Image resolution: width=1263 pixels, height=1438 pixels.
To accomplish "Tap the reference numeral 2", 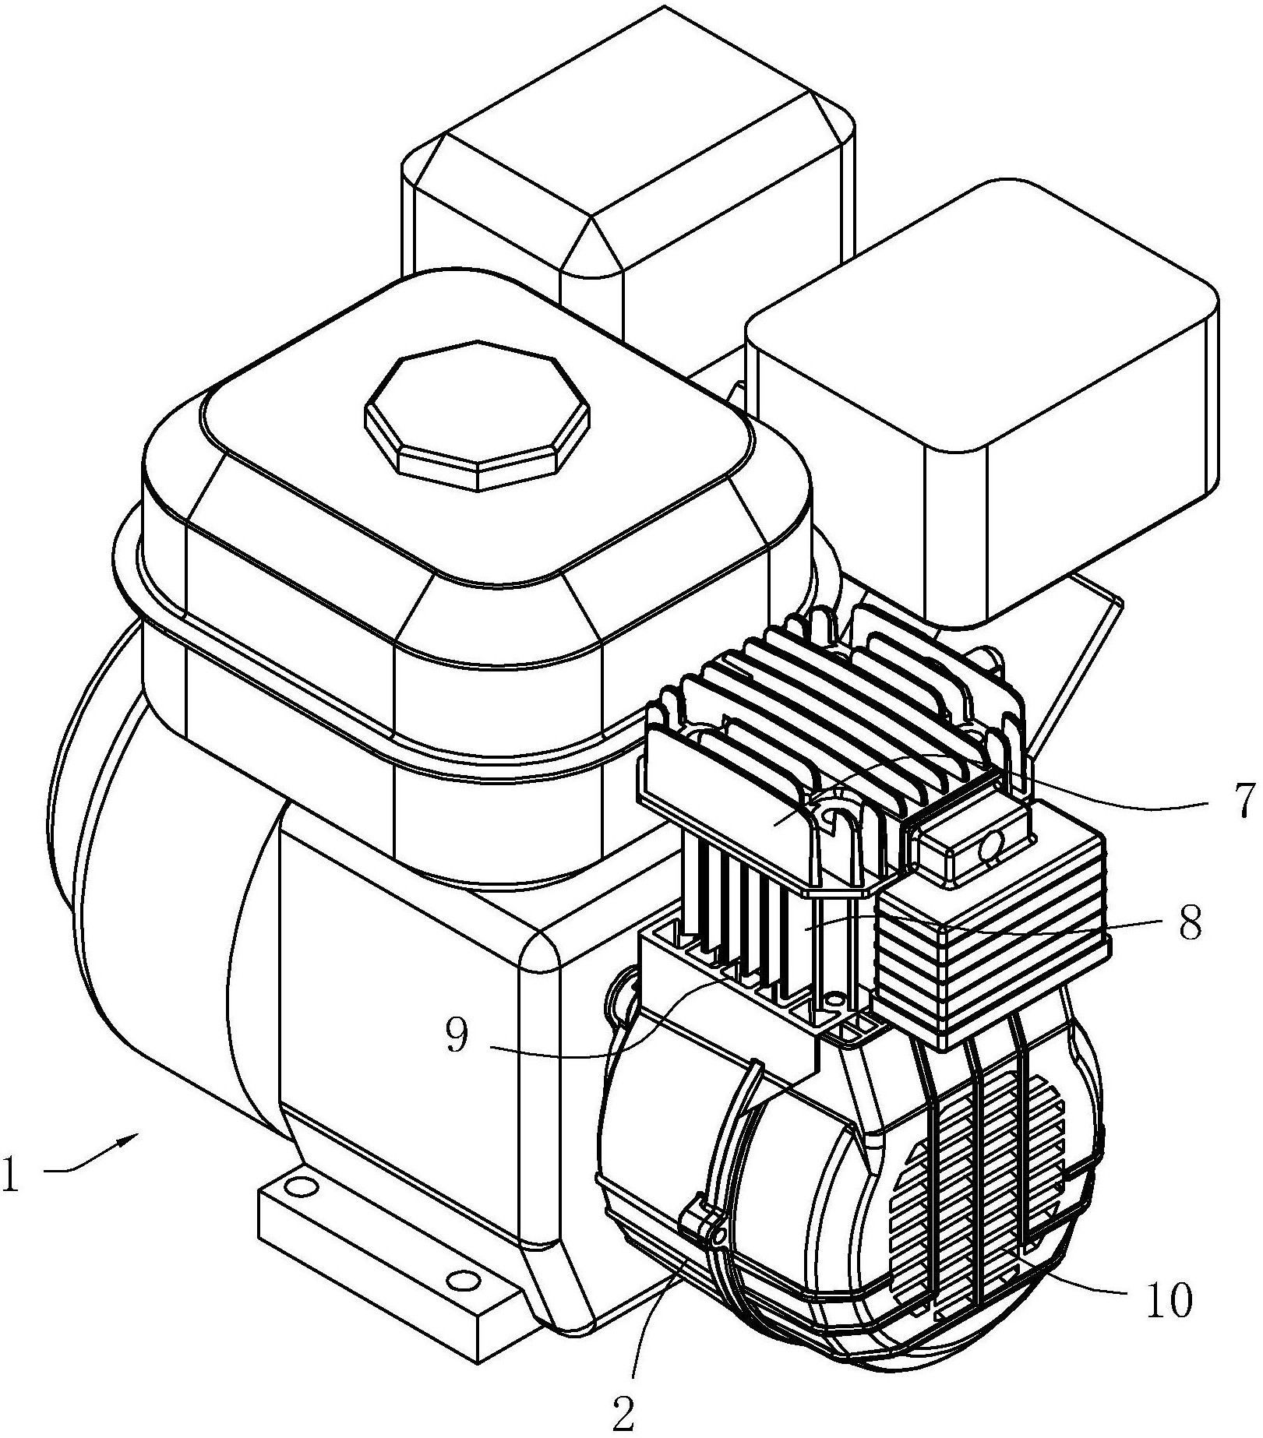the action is pos(623,1415).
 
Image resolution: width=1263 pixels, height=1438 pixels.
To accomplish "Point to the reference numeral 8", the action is pos(1189,922).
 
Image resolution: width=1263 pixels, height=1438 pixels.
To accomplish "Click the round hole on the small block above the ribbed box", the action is pos(993,842).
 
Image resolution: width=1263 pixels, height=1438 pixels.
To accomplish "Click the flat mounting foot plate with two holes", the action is pos(390,1246).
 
